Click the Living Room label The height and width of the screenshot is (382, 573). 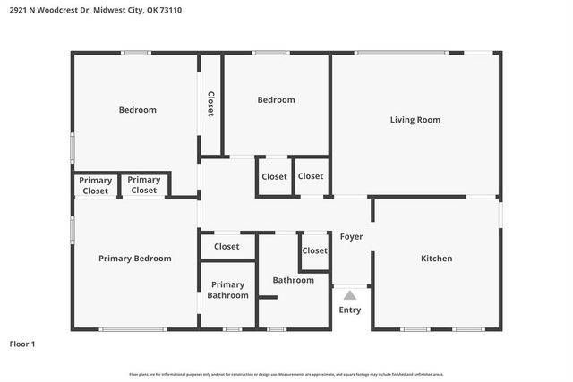[x=415, y=120]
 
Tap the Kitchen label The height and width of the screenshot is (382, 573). [x=437, y=259]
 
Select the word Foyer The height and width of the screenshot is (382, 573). [x=351, y=237]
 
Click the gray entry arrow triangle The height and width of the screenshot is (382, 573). [x=350, y=294]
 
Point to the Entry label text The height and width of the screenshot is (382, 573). [x=350, y=310]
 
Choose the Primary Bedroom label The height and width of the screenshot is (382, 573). [x=134, y=259]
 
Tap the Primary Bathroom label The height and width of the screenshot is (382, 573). [x=227, y=290]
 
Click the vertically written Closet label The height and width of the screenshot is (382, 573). [x=211, y=105]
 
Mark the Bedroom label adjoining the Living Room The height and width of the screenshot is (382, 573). [x=276, y=100]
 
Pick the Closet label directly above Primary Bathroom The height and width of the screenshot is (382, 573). [x=227, y=246]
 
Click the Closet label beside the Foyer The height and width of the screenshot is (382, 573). [x=314, y=250]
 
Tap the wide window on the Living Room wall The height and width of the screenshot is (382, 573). [x=400, y=53]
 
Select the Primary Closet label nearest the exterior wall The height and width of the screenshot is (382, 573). [x=95, y=185]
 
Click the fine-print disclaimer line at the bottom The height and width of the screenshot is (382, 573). [x=286, y=374]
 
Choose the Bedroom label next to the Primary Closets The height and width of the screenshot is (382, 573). [x=137, y=110]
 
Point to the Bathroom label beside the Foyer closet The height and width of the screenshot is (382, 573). [x=294, y=280]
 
